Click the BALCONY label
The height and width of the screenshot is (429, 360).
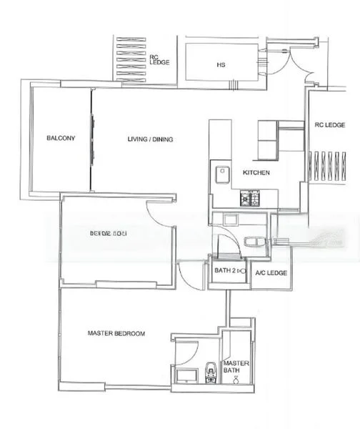[x=61, y=138]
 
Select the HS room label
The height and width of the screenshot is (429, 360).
[x=221, y=65]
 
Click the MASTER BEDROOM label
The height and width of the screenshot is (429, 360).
[x=116, y=333]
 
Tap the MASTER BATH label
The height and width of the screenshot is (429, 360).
[x=236, y=367]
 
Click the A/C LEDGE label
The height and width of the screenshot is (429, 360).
[x=271, y=273]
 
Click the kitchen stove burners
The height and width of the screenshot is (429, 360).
[x=252, y=197]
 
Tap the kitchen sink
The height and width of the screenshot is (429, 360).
[x=222, y=173]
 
